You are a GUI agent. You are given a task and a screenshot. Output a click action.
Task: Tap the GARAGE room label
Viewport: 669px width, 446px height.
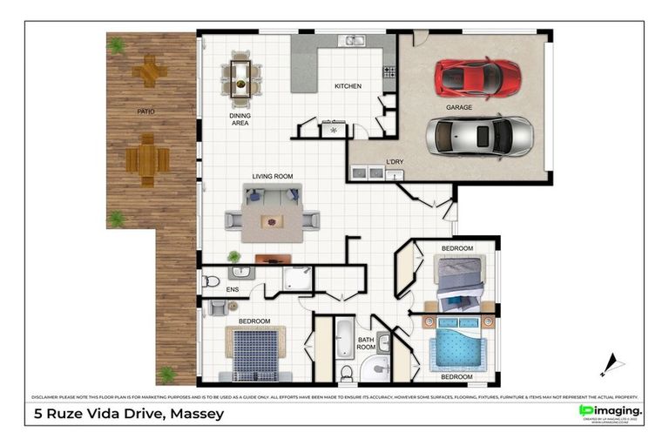(x=459, y=107)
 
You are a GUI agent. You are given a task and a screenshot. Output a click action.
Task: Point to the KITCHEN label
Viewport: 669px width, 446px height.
(x=348, y=86)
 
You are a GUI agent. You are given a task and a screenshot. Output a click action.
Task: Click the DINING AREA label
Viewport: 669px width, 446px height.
(x=240, y=119)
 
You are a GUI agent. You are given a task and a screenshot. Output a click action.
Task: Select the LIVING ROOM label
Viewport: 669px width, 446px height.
(x=272, y=176)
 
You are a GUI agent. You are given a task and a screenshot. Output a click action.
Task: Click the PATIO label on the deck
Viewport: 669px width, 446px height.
(x=145, y=111)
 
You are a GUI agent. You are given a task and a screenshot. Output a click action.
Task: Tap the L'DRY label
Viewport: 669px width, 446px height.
(x=395, y=162)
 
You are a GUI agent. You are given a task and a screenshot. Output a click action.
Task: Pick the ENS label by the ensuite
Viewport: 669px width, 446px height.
(x=233, y=288)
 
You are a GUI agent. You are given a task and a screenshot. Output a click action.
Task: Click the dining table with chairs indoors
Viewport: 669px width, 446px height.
(x=240, y=76)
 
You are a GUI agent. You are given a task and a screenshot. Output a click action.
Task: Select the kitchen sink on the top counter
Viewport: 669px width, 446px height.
(x=352, y=40)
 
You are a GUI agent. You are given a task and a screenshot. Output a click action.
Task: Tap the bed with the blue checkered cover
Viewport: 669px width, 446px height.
(x=256, y=352)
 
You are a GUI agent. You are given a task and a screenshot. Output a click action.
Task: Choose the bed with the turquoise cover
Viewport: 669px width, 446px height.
(x=457, y=347)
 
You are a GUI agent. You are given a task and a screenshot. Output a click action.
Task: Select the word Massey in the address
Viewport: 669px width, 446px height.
(x=194, y=414)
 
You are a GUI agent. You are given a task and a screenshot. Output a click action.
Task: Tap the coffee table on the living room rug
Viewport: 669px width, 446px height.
(x=274, y=222)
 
